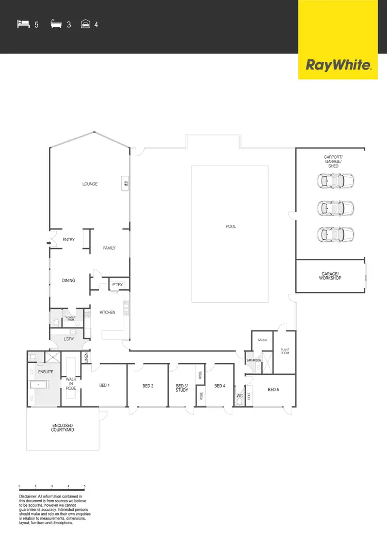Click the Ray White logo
338,65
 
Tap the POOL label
231,226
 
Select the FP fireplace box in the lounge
125,183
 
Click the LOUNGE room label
90,184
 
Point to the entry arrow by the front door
49,243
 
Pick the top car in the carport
336,181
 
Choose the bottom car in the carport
336,234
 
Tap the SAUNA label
262,340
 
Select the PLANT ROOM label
285,351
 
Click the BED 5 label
274,390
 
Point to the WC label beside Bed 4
239,396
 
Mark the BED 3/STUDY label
182,388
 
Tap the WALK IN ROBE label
71,384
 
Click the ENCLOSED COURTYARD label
62,427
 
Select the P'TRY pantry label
117,284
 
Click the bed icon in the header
23,24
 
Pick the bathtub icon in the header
56,24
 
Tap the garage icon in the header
86,24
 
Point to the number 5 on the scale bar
85,486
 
